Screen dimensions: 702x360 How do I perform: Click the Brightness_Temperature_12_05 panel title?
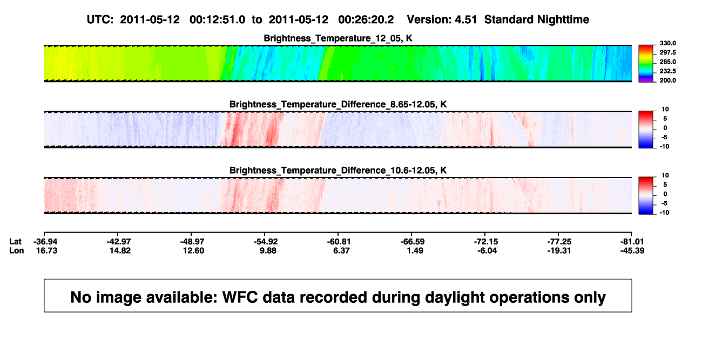coord(338,38)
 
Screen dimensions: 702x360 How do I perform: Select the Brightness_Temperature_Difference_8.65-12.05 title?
coord(338,104)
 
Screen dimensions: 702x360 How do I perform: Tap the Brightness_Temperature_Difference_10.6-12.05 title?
coord(338,171)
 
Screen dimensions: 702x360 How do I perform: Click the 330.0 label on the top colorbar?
coord(667,43)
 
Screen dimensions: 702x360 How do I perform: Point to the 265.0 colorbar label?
coord(667,62)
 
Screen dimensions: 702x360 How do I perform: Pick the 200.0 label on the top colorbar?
coord(667,80)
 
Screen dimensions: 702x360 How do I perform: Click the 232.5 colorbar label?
coord(667,71)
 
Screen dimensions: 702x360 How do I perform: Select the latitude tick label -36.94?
coord(45,242)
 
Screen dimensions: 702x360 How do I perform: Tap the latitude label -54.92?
coord(266,242)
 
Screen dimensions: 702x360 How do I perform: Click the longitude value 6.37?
coord(341,250)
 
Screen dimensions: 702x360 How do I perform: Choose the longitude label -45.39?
coord(632,250)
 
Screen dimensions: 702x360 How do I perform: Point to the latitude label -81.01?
coord(632,242)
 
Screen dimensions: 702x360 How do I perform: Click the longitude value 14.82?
coord(120,250)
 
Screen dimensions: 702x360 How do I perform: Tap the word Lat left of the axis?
coord(15,242)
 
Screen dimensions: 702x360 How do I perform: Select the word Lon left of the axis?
coord(16,250)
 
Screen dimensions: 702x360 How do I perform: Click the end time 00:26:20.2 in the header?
coord(366,20)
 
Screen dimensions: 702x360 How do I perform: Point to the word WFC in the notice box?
coord(240,297)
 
